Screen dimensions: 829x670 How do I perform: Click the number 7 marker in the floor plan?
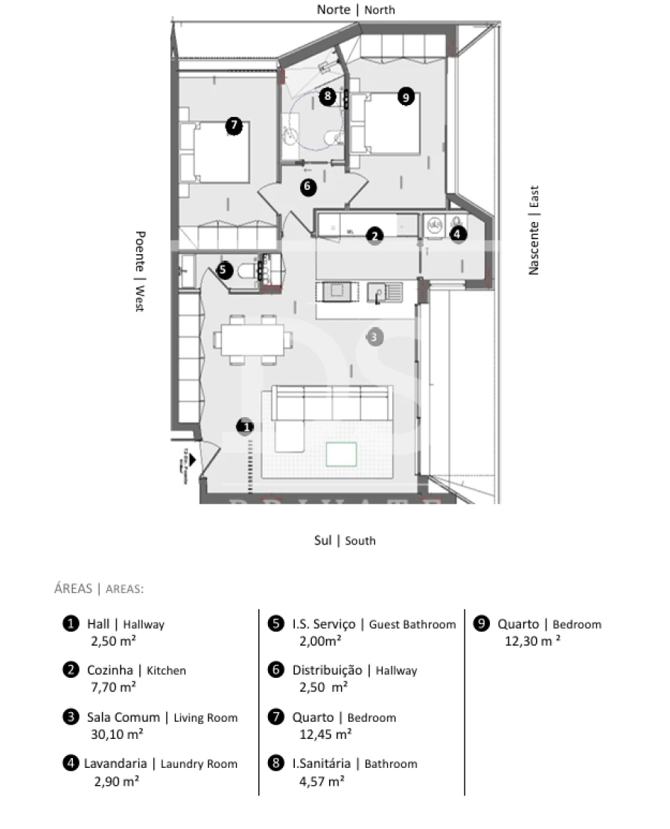(234, 126)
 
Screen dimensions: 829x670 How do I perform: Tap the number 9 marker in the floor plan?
(405, 96)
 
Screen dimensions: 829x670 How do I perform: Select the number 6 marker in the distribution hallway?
(308, 187)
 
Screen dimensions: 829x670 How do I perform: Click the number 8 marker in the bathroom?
(327, 96)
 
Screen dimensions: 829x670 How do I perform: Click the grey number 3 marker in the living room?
(374, 337)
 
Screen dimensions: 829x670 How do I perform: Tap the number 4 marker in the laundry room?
(459, 234)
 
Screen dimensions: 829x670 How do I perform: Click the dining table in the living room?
(253, 340)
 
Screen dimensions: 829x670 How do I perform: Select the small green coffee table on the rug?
(341, 454)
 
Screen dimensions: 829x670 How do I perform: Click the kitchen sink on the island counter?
(388, 293)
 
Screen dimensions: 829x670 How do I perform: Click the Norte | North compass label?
(356, 10)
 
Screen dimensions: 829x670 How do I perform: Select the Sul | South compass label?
(344, 541)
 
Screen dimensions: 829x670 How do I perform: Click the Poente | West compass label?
(139, 271)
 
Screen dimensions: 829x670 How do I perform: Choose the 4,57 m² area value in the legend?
(321, 781)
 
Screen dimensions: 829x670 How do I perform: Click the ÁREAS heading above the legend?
(73, 588)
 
